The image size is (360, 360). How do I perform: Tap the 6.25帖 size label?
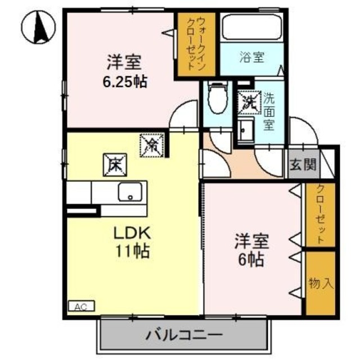pyautogui.click(x=125, y=82)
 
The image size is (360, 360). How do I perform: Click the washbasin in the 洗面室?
pyautogui.click(x=245, y=131)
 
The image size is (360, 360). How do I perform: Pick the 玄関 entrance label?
pyautogui.click(x=303, y=165)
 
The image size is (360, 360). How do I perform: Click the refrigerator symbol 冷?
pyautogui.click(x=152, y=145)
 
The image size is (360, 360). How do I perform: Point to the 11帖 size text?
pyautogui.click(x=133, y=252)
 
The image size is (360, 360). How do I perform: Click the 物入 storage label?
pyautogui.click(x=321, y=283)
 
